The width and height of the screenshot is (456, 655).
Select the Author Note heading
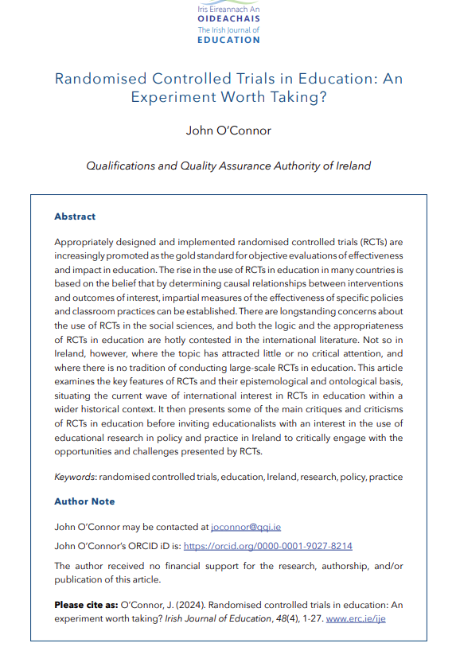[x=84, y=501]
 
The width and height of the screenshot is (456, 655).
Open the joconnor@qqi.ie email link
[x=247, y=527]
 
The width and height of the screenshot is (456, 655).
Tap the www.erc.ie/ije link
[x=357, y=617]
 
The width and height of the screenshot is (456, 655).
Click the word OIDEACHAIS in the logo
[x=228, y=19]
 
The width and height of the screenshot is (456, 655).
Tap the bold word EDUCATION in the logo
[x=228, y=40]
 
